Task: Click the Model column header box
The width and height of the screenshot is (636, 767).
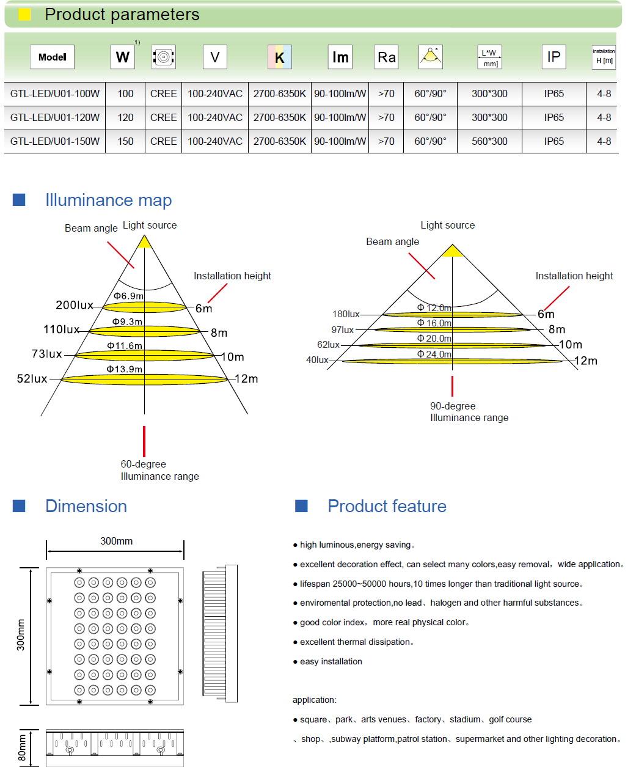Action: (52, 57)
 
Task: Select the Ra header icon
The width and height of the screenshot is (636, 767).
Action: (386, 57)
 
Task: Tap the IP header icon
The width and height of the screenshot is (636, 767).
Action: (554, 57)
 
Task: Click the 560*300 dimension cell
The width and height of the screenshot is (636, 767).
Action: (489, 141)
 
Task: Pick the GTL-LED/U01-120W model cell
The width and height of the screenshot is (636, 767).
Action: (55, 117)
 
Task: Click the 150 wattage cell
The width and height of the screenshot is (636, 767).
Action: (125, 141)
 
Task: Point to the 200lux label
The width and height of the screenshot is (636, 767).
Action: (75, 305)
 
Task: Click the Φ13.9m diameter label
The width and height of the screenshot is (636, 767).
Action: (125, 369)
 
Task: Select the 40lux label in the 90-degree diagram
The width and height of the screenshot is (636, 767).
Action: (317, 360)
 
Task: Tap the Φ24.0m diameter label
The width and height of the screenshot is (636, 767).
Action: (434, 354)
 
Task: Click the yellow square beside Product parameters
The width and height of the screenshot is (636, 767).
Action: (24, 14)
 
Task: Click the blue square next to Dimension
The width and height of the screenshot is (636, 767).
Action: (19, 506)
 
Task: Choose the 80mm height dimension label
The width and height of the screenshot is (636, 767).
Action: (22, 747)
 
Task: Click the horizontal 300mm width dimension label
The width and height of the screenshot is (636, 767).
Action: (117, 541)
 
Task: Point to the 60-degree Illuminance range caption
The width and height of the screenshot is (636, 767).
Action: (159, 470)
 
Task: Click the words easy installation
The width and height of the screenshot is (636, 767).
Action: (331, 661)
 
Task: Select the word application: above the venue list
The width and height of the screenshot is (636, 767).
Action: (314, 700)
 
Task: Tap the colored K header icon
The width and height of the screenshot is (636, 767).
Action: (279, 57)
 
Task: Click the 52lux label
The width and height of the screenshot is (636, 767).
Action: (32, 379)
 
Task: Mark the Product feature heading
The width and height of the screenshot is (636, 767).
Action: (387, 506)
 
